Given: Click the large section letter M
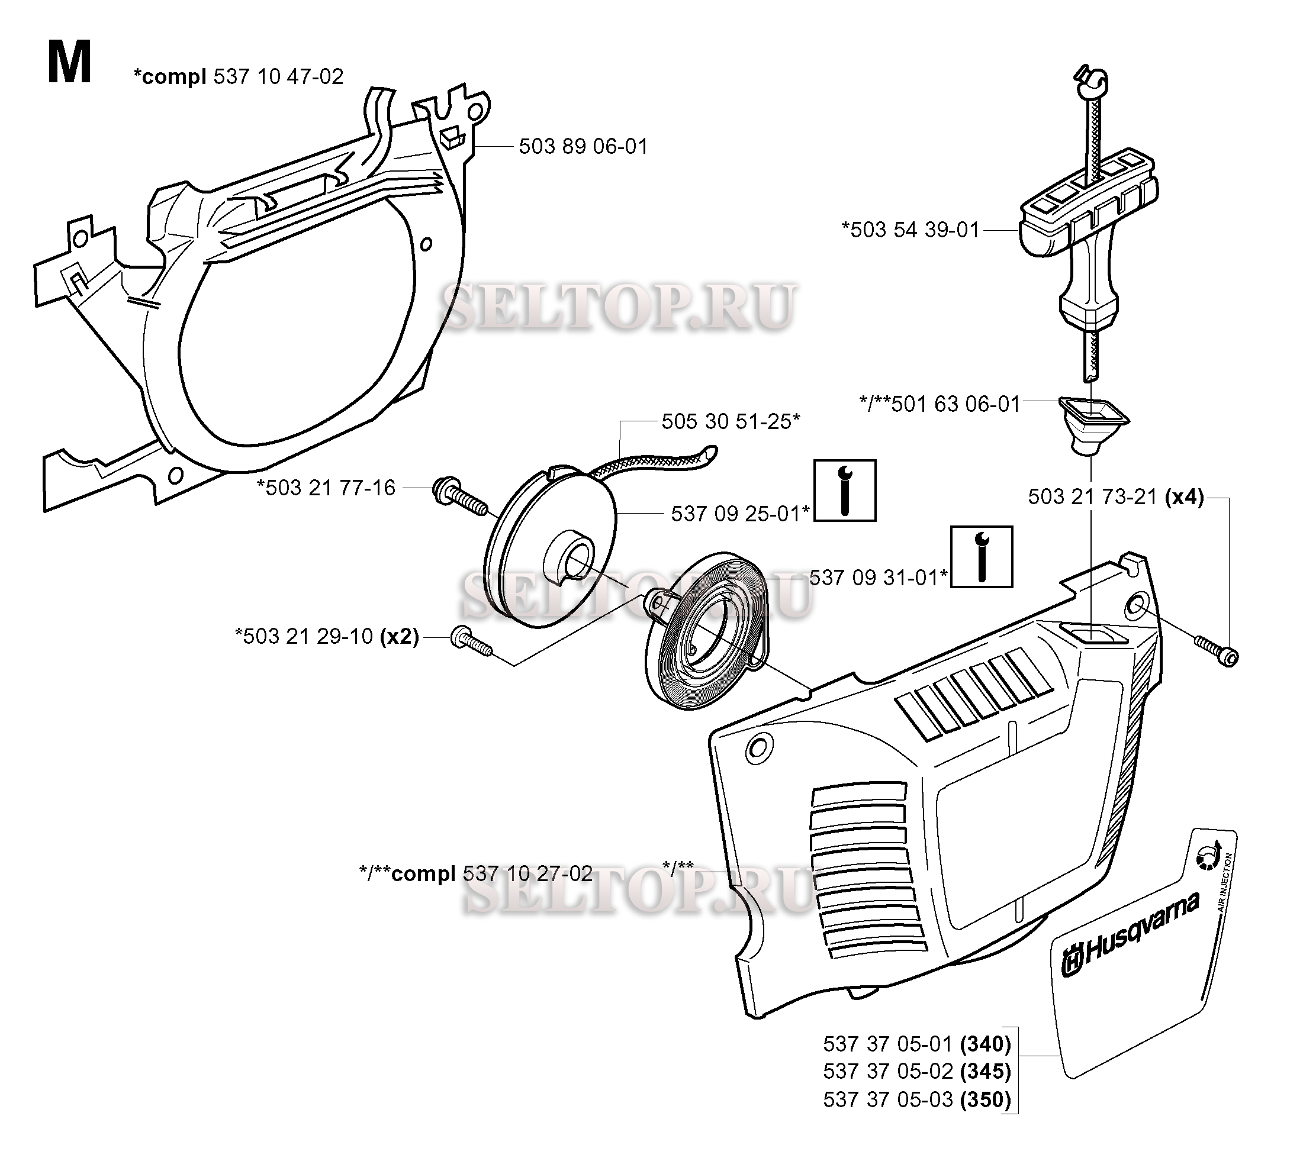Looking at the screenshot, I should coord(69,63).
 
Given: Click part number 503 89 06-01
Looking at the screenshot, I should coord(583,147).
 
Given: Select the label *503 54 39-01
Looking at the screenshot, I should coord(911,230).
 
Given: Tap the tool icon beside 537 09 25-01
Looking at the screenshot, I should coord(845,490).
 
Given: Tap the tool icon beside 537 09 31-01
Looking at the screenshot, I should coord(981,556).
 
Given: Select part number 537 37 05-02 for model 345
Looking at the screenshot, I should coord(916,1071).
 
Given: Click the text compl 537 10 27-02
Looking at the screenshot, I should coord(491,873).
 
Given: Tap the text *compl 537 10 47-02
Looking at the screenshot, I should coord(238,76).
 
